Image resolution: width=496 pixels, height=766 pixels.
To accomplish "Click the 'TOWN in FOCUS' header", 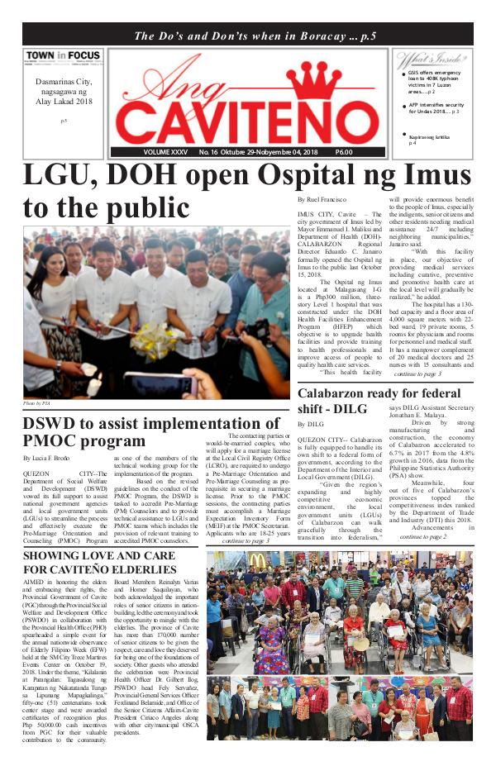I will coord(63,57).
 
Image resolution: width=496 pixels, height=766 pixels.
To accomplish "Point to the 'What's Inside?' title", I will coord(425,59).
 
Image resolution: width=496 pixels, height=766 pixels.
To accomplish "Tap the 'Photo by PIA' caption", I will coord(37,403).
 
